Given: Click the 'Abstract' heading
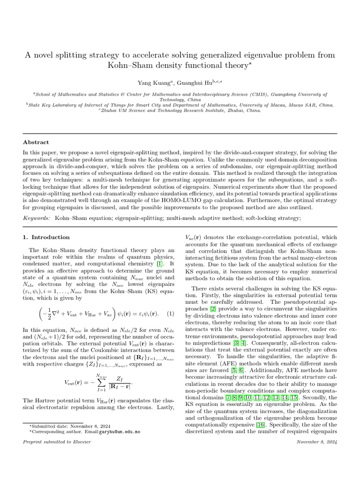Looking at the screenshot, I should (36, 142).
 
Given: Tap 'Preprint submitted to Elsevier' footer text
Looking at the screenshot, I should (57, 442).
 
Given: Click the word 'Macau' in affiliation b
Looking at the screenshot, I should (291, 105).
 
